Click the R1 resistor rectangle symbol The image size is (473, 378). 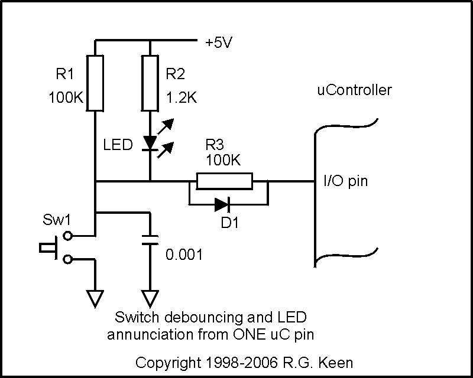tap(95, 83)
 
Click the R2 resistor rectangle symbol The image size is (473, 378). tap(151, 83)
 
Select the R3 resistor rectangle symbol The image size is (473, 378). tap(224, 181)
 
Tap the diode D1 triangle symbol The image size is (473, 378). tap(222, 204)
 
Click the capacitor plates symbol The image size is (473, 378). tap(151, 239)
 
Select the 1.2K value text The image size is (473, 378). tap(181, 97)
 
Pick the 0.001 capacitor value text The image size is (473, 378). tap(184, 255)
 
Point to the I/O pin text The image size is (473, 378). tap(345, 181)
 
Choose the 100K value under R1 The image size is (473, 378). tap(66, 97)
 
